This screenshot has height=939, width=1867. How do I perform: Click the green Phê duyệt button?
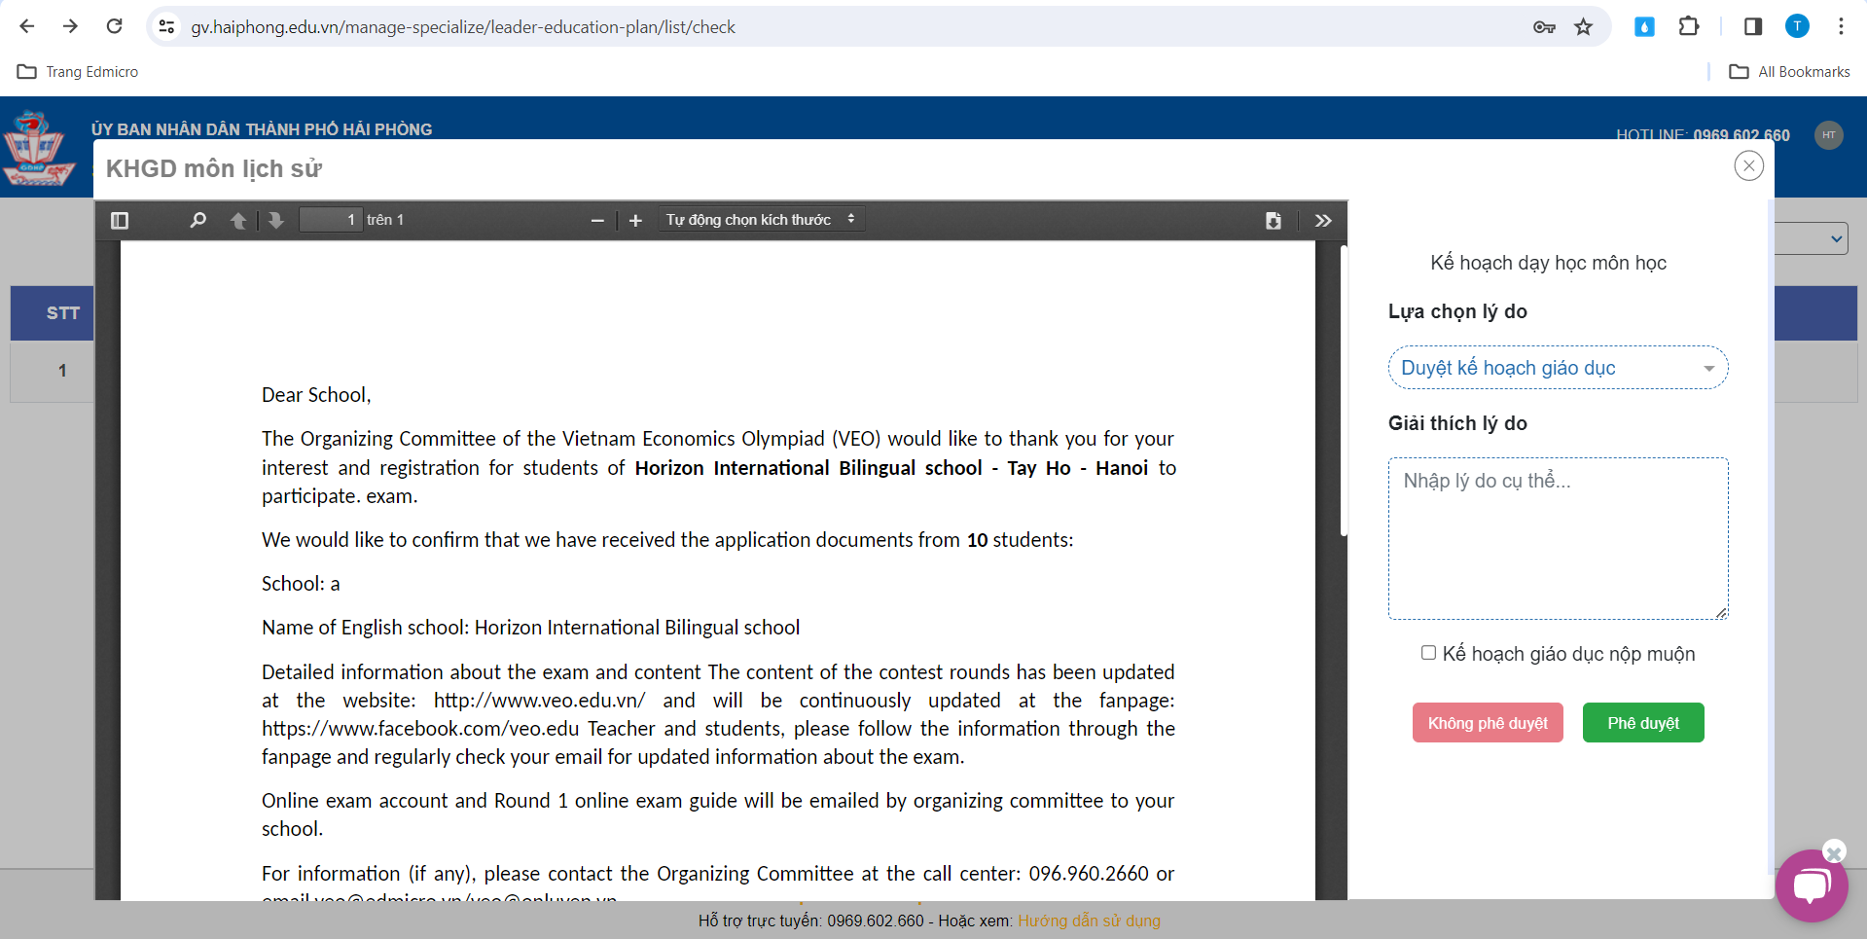(1642, 723)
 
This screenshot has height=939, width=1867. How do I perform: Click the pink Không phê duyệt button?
(1487, 723)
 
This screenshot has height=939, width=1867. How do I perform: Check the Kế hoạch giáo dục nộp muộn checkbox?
(1428, 653)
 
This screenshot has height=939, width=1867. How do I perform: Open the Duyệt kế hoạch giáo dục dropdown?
(1557, 368)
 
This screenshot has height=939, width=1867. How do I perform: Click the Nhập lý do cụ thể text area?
(1557, 538)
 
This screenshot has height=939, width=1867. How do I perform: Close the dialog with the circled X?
(1748, 166)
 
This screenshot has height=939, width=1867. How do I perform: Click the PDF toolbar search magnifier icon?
(198, 220)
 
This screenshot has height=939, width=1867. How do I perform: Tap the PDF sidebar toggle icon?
(120, 220)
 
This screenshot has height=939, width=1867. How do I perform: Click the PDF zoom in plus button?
(635, 221)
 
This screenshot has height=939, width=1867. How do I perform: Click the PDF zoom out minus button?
(597, 221)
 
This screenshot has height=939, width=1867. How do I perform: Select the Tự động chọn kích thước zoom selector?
(760, 220)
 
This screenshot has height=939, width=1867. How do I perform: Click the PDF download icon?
(1273, 221)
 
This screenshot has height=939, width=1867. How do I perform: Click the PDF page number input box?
(330, 220)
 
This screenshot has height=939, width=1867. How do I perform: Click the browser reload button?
(114, 26)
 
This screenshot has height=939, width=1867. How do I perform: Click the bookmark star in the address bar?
(1584, 27)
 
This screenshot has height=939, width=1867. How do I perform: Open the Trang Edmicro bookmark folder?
(78, 72)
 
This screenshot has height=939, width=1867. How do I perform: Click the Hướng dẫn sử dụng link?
(1089, 921)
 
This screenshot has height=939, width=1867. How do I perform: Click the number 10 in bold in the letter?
(977, 540)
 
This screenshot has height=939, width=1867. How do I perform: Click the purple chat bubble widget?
(1811, 885)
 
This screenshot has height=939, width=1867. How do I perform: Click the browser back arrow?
(27, 26)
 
